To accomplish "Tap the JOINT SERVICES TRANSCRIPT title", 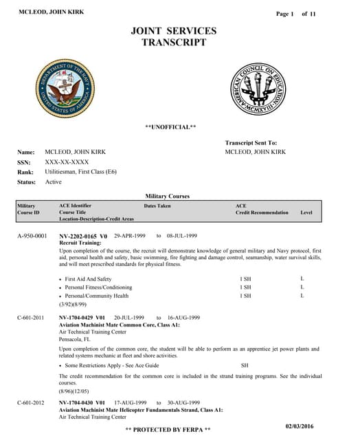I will click(x=173, y=36).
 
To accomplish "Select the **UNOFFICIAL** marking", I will click(x=170, y=127).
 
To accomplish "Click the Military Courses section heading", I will click(x=168, y=196).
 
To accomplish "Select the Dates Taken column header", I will click(x=157, y=206).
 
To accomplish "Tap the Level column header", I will click(x=306, y=212).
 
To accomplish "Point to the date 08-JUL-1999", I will click(x=182, y=236).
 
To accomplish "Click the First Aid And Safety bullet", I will click(x=88, y=279).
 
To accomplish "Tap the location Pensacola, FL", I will click(x=81, y=339).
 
